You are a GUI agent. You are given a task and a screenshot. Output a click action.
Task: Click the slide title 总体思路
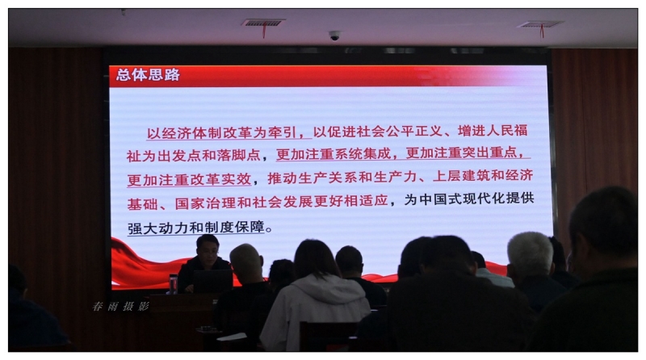(148, 74)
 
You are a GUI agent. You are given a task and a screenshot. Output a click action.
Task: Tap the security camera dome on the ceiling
(334, 36)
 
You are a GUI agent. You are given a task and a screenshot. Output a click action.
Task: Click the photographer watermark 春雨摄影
(120, 306)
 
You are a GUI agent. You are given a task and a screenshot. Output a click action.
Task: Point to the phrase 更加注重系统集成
(333, 154)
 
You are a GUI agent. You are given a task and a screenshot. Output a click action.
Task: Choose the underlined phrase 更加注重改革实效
(189, 179)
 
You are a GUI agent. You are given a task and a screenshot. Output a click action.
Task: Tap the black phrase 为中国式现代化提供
(469, 199)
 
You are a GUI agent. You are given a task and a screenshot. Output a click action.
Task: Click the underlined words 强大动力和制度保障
(195, 228)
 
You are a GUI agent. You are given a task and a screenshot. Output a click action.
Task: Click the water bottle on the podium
(173, 284)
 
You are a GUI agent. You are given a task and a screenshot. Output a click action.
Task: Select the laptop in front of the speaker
(213, 282)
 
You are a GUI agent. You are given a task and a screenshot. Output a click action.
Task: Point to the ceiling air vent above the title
(263, 23)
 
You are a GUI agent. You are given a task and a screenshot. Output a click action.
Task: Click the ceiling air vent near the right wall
(540, 25)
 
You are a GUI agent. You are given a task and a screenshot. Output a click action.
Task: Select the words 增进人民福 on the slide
(493, 131)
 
